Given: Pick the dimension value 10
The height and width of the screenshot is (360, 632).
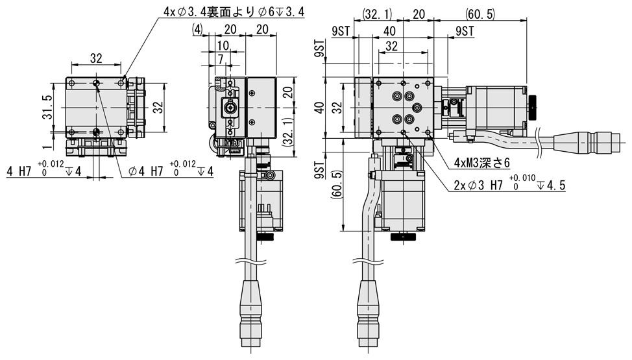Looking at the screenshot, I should [x=222, y=45].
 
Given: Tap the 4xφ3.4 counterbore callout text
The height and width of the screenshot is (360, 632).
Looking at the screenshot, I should [x=213, y=11].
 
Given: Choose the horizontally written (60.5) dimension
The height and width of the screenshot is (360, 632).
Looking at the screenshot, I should [x=480, y=14].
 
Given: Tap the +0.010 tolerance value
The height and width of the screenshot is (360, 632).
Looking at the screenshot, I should [x=523, y=177].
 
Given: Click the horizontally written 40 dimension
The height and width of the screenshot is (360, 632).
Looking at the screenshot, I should [x=389, y=30].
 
